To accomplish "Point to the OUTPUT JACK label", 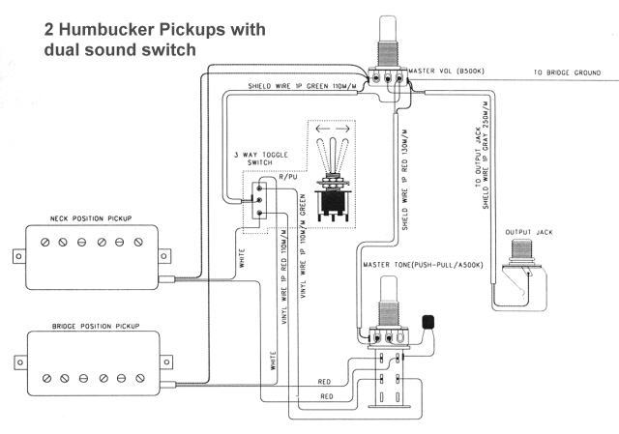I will click(x=528, y=233).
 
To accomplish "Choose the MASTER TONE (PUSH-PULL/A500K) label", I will click(x=424, y=265).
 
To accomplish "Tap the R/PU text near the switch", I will click(x=288, y=177).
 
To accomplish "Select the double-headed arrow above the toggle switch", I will click(x=332, y=128).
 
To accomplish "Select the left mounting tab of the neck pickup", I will click(x=16, y=256).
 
